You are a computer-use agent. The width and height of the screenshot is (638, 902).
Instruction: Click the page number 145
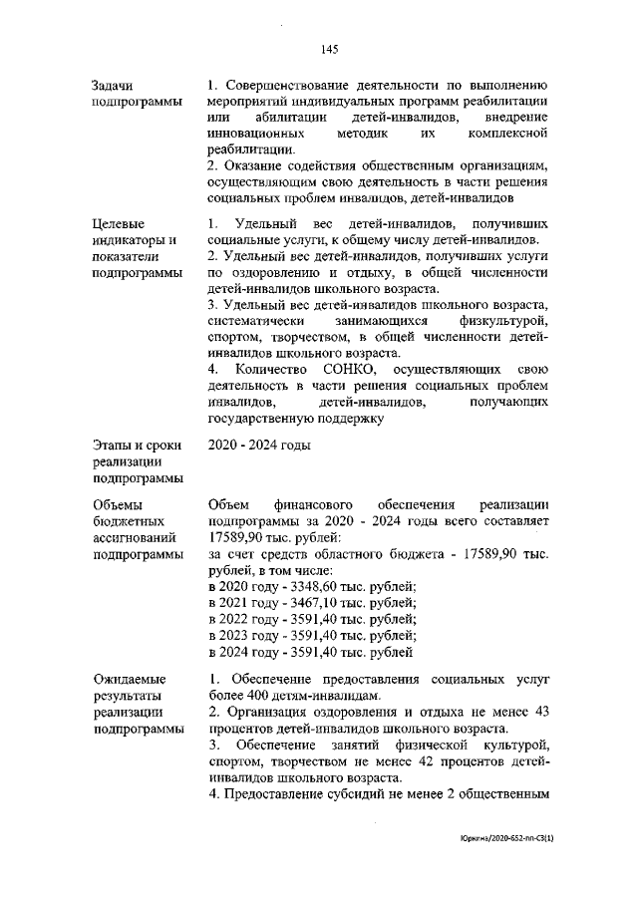(x=331, y=49)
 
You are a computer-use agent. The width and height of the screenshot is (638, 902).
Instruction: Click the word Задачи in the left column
(x=113, y=86)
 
